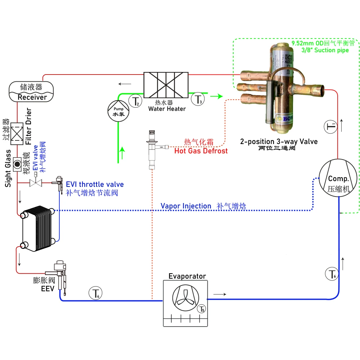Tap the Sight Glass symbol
(17, 164)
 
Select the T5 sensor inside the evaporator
(201, 309)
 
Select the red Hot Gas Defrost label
(201, 151)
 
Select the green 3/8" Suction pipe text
(325, 50)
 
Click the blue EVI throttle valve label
(95, 184)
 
